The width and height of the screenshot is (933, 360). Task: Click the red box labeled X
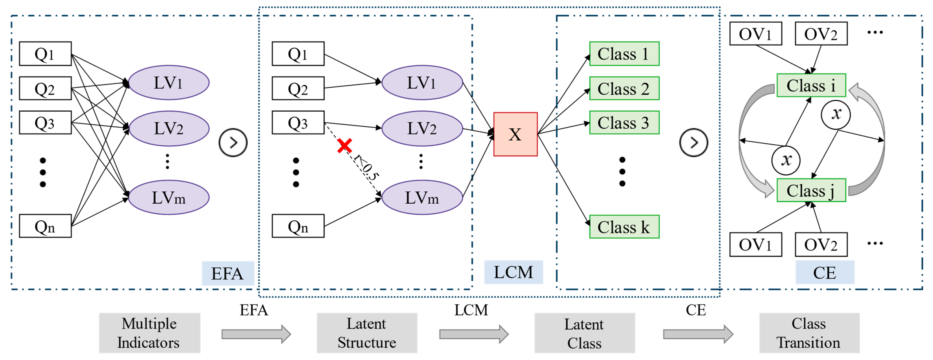(x=515, y=134)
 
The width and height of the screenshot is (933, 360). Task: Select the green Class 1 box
(x=624, y=54)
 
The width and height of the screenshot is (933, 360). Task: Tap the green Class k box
(x=624, y=227)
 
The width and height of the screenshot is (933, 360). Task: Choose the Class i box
(x=811, y=85)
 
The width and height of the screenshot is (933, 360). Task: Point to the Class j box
(x=811, y=190)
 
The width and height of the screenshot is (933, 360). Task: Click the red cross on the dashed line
(x=344, y=146)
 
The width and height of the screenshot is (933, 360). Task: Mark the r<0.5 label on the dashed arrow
(x=366, y=167)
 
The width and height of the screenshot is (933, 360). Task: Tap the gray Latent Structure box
(x=367, y=333)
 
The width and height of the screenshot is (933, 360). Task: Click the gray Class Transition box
(x=809, y=333)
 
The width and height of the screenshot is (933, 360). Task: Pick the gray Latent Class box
(x=584, y=333)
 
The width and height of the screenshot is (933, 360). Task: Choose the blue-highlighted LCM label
(x=513, y=272)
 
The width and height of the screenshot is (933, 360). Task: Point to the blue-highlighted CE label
(x=825, y=272)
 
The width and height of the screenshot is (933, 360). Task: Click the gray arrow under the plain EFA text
(x=256, y=334)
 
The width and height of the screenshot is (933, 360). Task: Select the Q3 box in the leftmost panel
(x=45, y=122)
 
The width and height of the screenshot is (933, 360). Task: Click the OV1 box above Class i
(x=756, y=34)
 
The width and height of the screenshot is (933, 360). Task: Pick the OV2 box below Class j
(x=821, y=244)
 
